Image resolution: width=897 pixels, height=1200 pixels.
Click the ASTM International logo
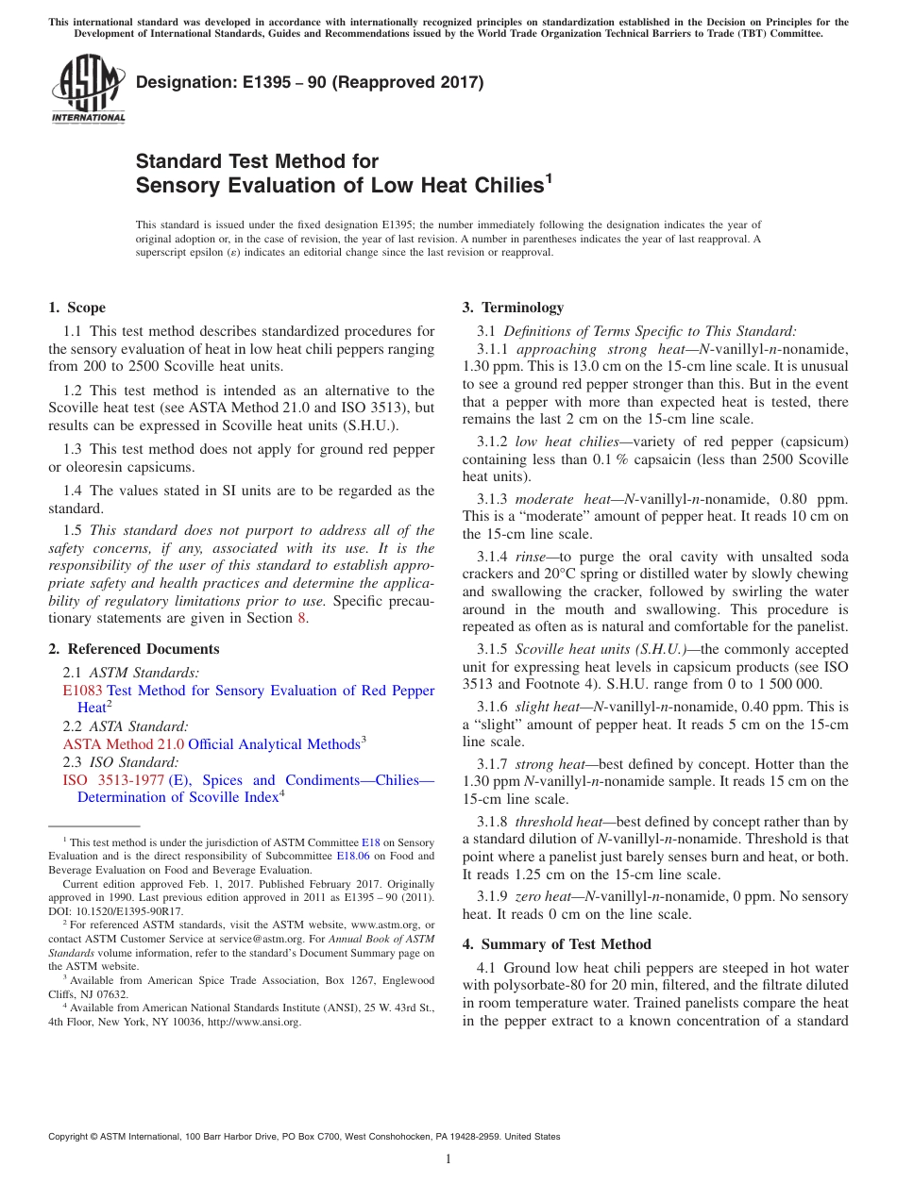pyautogui.click(x=88, y=88)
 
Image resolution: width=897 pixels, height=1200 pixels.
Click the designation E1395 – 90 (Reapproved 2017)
pyautogui.click(x=310, y=83)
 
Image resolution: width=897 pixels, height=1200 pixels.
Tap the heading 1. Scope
pyautogui.click(x=76, y=308)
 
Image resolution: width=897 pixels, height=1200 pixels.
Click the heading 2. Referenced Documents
pyautogui.click(x=133, y=649)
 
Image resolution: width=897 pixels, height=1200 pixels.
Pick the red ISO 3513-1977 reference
pyautogui.click(x=113, y=780)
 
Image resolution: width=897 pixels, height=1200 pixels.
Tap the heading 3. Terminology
pyautogui.click(x=513, y=308)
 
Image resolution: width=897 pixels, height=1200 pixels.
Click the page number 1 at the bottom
pyautogui.click(x=448, y=1159)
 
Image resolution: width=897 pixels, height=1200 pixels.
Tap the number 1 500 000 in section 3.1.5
pyautogui.click(x=786, y=683)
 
